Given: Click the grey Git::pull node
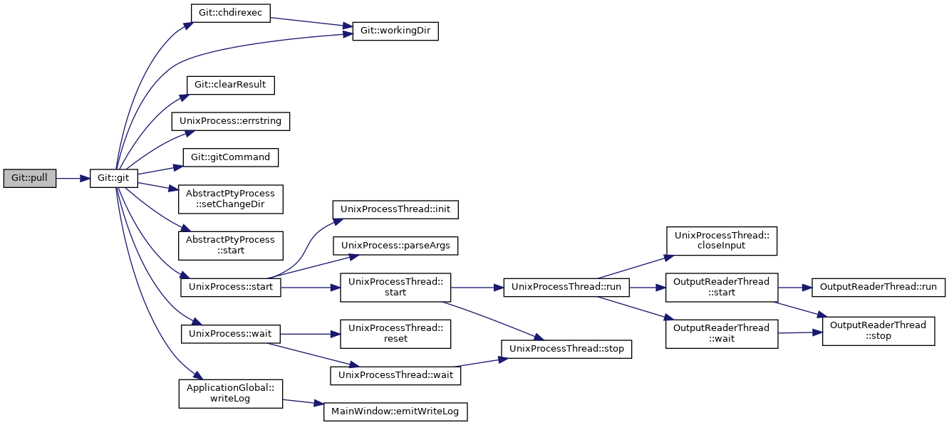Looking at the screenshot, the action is click(x=30, y=178).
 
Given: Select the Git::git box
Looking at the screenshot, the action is click(x=113, y=178).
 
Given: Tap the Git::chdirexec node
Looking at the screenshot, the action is click(x=230, y=13).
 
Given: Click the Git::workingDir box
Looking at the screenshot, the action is click(x=395, y=31).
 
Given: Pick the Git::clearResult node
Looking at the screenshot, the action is click(x=230, y=85).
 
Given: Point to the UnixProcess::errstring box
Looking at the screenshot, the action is click(x=230, y=122).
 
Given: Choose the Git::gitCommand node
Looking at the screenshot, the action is click(x=230, y=157).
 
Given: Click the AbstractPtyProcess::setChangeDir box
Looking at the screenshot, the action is click(x=230, y=199).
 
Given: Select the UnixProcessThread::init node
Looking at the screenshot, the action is click(x=395, y=209).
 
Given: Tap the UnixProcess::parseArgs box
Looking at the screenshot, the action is click(x=395, y=246).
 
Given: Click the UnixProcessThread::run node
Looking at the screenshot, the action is click(x=566, y=288).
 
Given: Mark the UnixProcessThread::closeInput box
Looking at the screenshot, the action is click(x=722, y=241).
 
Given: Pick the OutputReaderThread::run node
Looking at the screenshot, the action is click(x=878, y=288).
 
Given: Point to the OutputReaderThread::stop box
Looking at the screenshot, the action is click(x=878, y=331).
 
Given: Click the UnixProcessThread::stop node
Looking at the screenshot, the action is click(x=566, y=350).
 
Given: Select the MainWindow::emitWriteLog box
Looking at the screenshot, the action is click(x=395, y=412).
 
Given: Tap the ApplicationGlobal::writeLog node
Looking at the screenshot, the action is click(x=230, y=394).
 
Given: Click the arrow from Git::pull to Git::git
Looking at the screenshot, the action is click(x=73, y=179).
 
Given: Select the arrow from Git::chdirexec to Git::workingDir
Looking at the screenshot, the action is click(x=311, y=23).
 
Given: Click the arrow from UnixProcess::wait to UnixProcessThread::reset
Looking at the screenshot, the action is click(x=310, y=335).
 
